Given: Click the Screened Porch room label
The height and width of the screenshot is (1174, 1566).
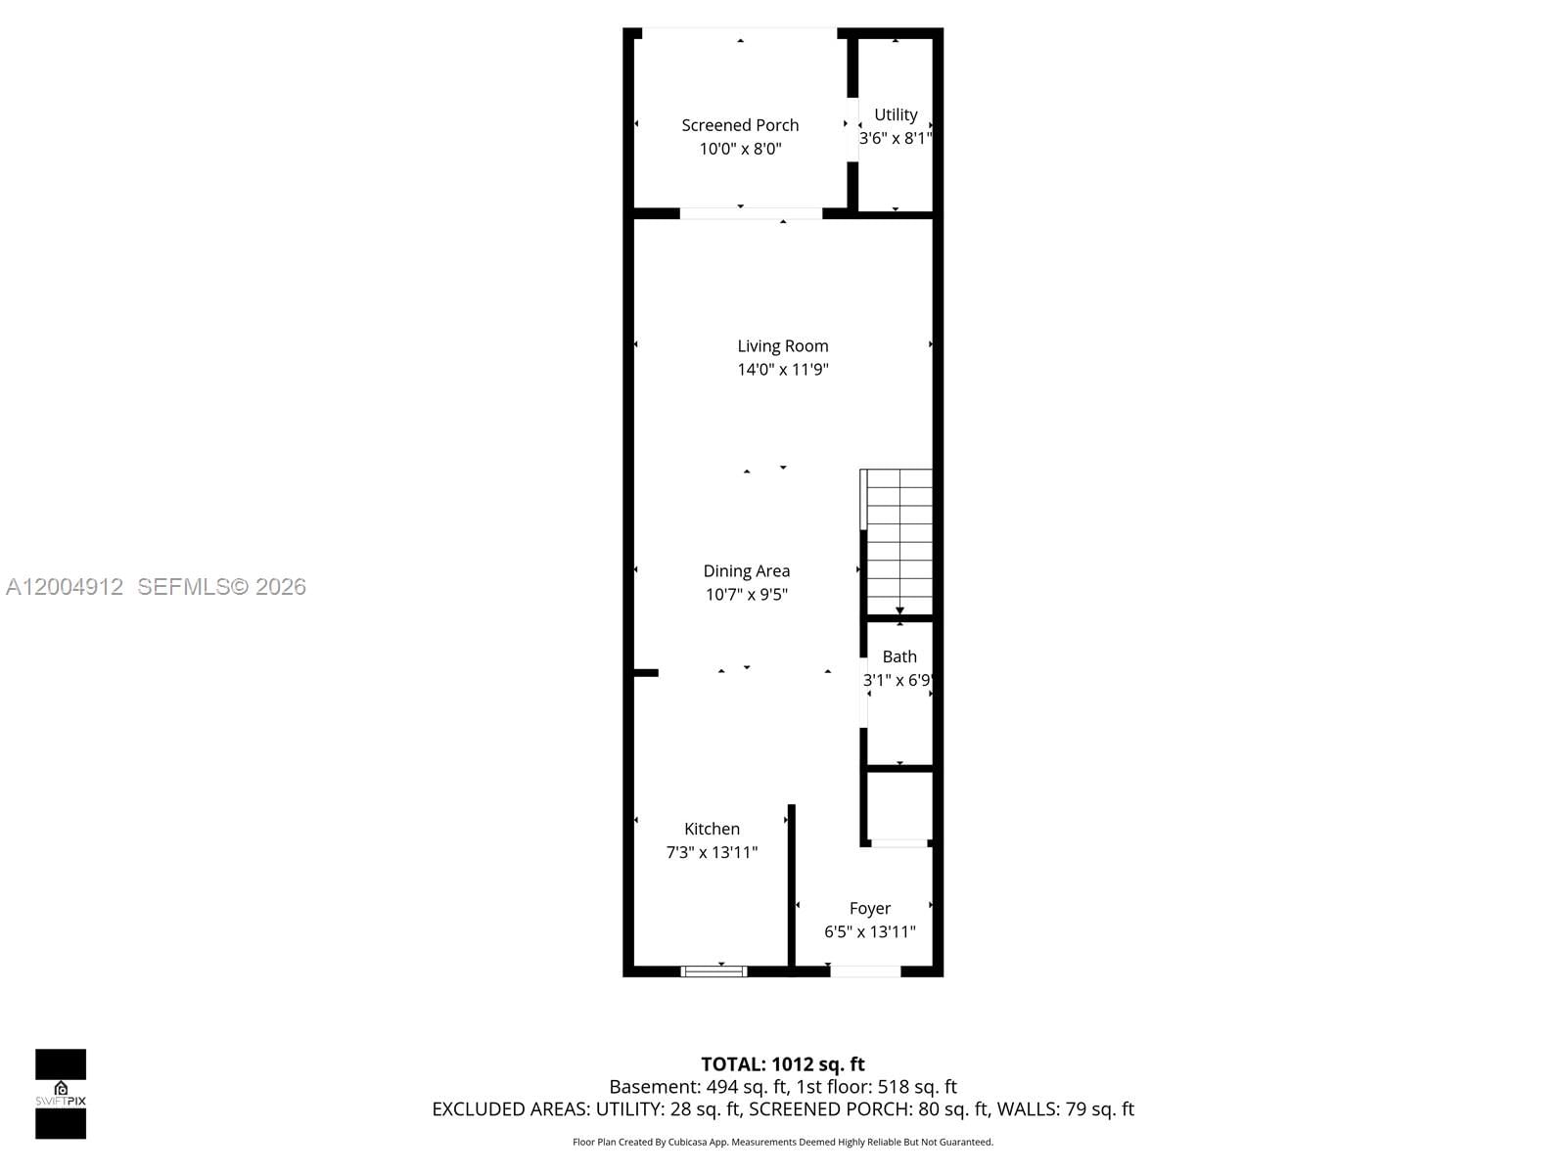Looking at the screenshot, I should click(x=740, y=125).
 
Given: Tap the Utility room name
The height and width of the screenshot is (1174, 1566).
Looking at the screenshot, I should click(x=896, y=114).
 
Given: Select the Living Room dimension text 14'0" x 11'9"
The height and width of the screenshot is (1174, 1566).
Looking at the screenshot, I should click(x=783, y=370).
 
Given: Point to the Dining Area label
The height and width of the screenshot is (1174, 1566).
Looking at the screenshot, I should click(x=746, y=570).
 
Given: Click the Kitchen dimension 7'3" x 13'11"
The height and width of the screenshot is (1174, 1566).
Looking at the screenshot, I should click(x=712, y=852).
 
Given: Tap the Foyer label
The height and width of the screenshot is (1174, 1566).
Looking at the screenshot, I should click(x=869, y=908).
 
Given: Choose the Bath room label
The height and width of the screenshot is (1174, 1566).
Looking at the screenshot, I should click(x=899, y=656).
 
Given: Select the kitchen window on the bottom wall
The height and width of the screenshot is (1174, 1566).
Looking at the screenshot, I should click(x=714, y=971).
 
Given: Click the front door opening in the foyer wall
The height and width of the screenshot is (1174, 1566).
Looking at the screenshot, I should click(x=865, y=971).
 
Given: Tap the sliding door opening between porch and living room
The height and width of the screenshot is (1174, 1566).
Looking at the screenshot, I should click(x=751, y=213).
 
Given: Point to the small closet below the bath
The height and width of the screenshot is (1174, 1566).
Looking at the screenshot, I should click(x=898, y=806).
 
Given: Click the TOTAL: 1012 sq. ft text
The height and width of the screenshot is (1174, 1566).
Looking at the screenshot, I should click(x=783, y=1064).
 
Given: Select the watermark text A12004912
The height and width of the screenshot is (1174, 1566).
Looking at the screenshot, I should click(x=65, y=587).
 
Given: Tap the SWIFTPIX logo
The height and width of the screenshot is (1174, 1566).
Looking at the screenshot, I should click(x=61, y=1094).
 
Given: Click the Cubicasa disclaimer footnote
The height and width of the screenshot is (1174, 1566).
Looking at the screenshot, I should click(x=783, y=1142).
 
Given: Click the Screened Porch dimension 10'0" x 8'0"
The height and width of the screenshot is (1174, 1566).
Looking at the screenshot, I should click(x=740, y=149).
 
